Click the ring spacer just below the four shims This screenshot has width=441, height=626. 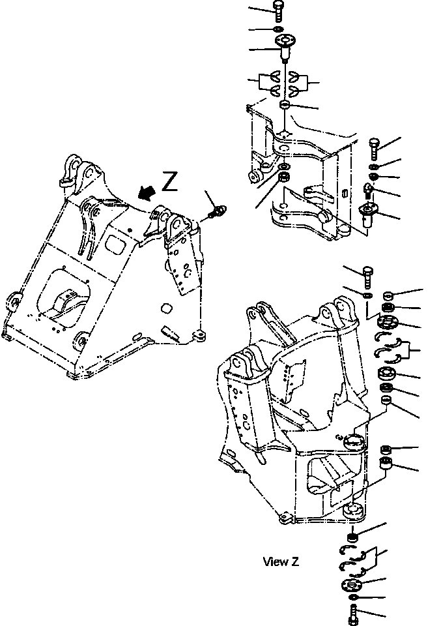285,105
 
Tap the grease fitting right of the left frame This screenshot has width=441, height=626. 218,211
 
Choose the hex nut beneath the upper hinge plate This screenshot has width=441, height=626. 284,177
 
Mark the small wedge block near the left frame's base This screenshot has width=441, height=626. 171,333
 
